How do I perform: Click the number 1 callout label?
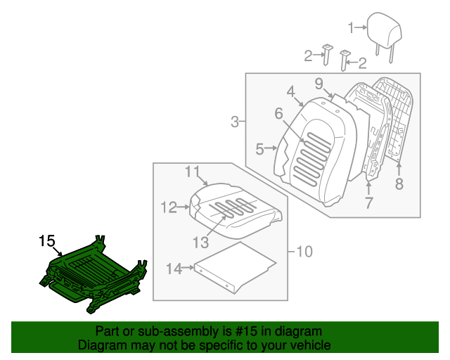coord(352,28)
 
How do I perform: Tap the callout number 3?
coord(235,122)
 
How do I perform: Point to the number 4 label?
coord(290,91)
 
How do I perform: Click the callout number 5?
coord(259,149)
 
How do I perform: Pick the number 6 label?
coord(278,112)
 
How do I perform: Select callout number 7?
coord(368,204)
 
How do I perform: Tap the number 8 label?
coord(399,184)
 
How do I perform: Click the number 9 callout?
coord(319,84)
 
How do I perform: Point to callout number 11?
coord(193,171)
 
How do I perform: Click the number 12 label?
coord(168,207)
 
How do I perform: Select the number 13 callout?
coord(201,242)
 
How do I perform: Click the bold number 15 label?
coord(46,241)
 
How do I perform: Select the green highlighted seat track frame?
coord(95,274)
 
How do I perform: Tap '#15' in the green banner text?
coord(224,331)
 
